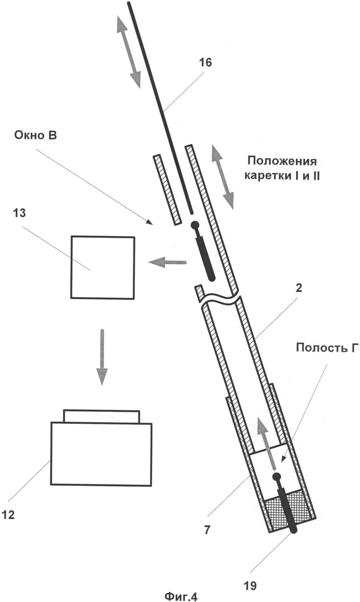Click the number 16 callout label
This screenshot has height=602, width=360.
point(206,62)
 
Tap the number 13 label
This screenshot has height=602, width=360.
point(19,213)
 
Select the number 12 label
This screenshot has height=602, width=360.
point(8,515)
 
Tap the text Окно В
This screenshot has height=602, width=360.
point(35,135)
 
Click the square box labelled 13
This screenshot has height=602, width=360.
point(102,267)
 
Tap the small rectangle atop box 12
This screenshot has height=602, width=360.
point(101,416)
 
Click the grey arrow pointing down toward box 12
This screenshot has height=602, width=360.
point(102,357)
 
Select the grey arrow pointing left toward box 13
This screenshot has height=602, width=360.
point(167,262)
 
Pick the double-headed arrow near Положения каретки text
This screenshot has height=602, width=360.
point(222,177)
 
